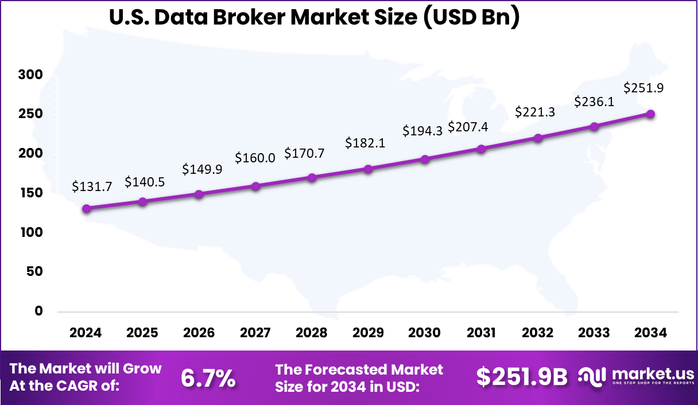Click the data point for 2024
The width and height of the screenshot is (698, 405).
tap(86, 209)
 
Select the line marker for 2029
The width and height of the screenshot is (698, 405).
tap(368, 169)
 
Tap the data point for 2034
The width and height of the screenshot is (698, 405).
tap(650, 114)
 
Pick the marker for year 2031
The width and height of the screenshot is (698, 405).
tap(481, 149)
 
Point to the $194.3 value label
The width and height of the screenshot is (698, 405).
tap(422, 131)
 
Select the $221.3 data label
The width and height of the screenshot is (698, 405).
tap(535, 112)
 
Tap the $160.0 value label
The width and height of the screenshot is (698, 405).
tap(255, 157)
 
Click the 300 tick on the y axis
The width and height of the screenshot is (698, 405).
tap(30, 75)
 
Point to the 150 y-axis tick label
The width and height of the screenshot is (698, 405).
tap(30, 193)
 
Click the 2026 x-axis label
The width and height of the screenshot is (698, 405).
tap(199, 333)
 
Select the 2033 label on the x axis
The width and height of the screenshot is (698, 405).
tap(594, 333)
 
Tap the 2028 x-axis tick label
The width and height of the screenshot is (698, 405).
tap(312, 333)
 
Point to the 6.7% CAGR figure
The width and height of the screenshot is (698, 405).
tap(208, 377)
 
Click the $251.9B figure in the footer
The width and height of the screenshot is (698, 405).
tap(522, 377)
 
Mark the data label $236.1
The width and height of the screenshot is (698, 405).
tap(594, 102)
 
